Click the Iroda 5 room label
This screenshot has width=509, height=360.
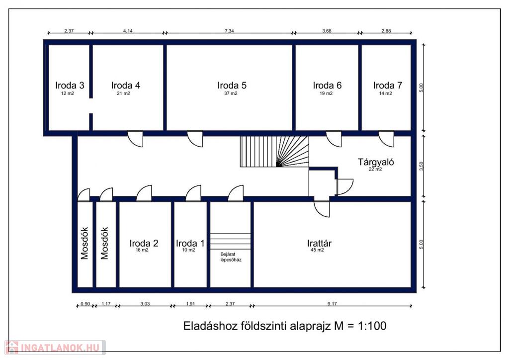coord(232,86)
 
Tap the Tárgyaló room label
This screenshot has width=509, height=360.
coord(376,162)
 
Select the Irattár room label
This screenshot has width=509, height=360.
coord(320,243)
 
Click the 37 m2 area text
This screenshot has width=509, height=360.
coord(231,93)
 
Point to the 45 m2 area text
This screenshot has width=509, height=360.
coord(317,250)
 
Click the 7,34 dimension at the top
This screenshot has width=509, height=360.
coord(229,31)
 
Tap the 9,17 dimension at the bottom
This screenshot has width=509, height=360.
coord(332,304)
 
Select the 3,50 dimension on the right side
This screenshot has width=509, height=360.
coord(422,166)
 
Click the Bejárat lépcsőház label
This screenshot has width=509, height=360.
coord(231,257)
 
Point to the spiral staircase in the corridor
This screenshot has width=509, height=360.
coord(274,152)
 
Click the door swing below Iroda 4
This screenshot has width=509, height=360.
coord(135,139)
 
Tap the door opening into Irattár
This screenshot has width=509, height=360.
coord(322,209)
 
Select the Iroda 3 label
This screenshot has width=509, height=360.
coord(70,86)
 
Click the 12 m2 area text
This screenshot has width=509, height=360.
coord(68,93)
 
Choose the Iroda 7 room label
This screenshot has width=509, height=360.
coord(388,86)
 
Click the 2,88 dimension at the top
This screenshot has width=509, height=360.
coord(386,31)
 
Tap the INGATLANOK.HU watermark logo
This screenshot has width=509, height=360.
coord(55,348)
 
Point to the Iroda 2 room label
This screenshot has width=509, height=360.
coord(144,243)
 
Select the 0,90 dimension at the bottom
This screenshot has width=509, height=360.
coord(85,304)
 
